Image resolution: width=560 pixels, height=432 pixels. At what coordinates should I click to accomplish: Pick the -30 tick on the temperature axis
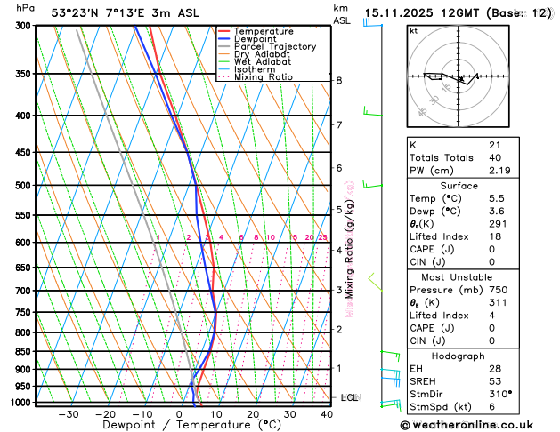[69, 414]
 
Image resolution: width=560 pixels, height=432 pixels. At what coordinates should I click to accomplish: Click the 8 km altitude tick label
[339, 81]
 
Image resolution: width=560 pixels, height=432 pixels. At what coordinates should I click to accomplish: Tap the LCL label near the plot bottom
[349, 397]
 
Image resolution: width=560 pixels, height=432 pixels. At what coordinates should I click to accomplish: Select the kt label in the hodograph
[413, 31]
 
